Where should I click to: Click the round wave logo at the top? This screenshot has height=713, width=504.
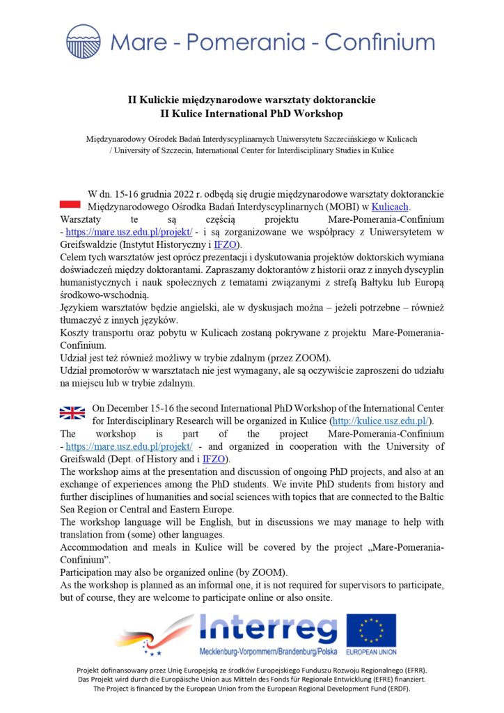tap(84, 41)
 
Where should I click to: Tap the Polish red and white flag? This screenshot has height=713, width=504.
tap(71, 203)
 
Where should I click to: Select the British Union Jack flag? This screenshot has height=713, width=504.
tap(71, 413)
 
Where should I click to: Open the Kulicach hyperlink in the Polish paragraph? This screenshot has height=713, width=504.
tap(391, 207)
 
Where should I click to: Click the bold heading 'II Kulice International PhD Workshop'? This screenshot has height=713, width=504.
tap(251, 113)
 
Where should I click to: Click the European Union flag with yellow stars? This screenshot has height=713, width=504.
tap(371, 629)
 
